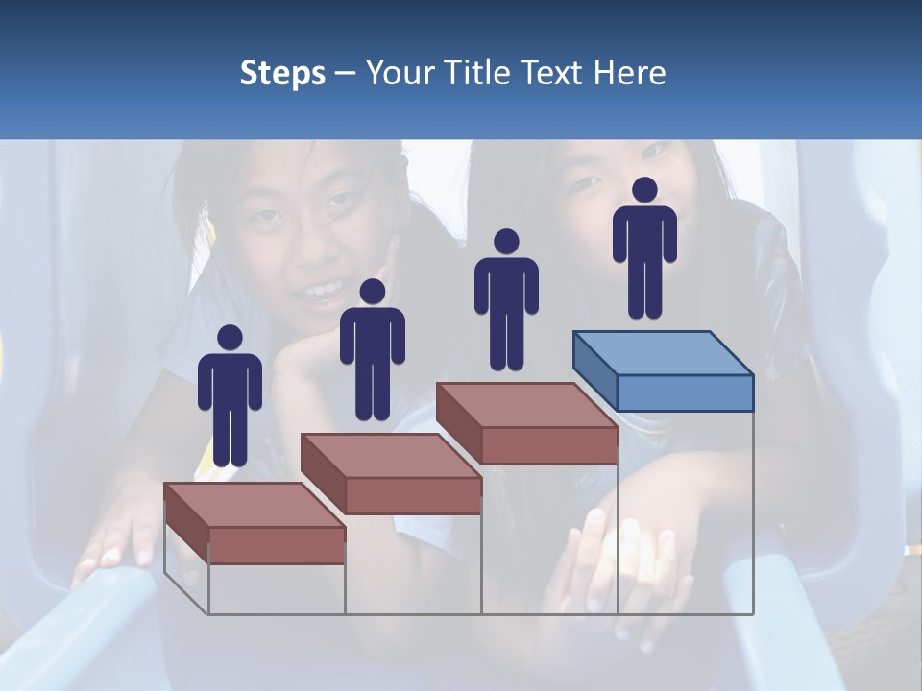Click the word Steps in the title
(282, 73)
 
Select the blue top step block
(663, 369)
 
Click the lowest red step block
(255, 523)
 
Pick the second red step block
(391, 473)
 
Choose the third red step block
(526, 423)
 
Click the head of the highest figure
(644, 190)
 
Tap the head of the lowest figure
(230, 338)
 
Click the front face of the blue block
(685, 393)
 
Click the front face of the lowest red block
(277, 545)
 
